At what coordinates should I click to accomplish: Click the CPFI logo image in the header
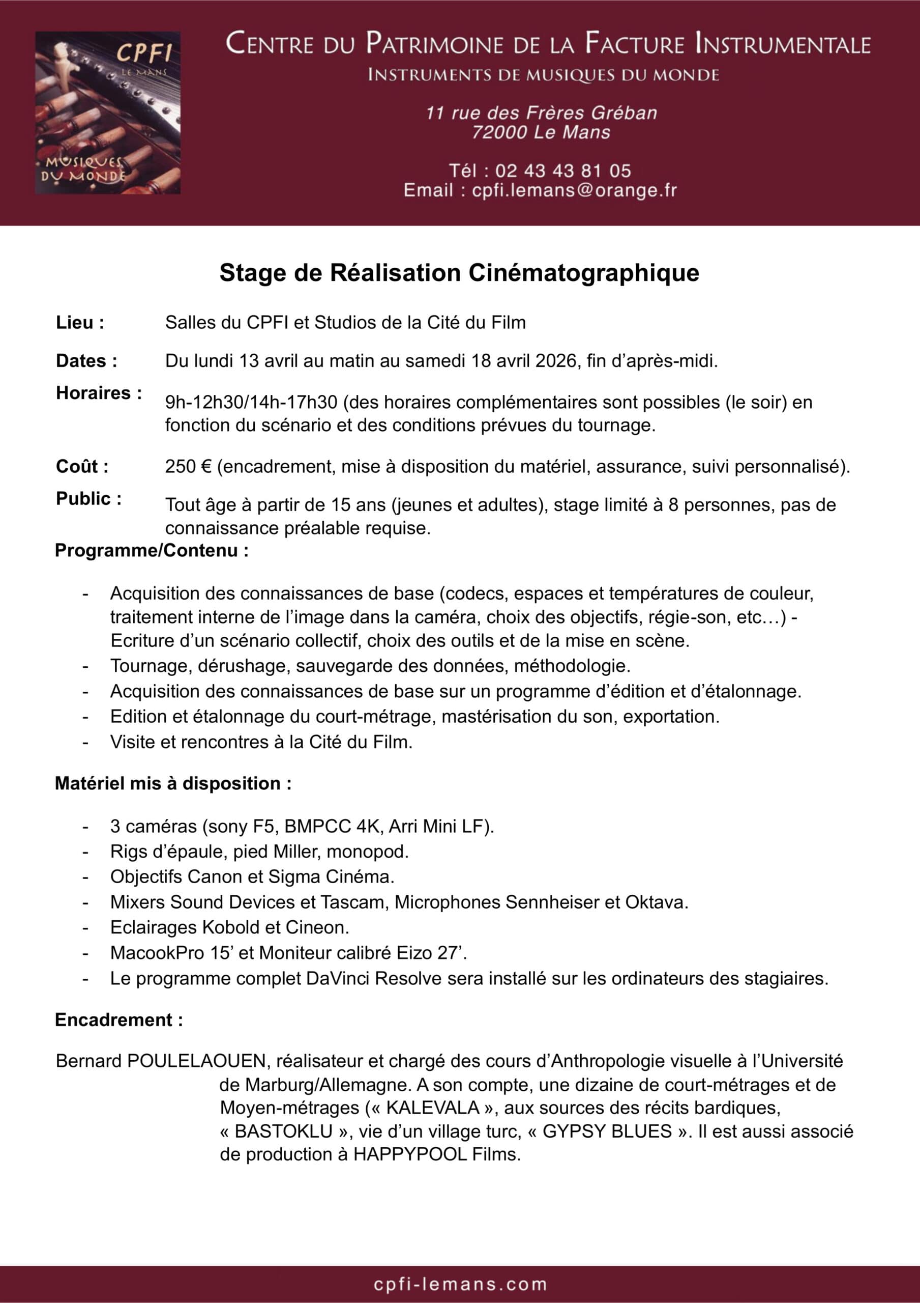click(108, 112)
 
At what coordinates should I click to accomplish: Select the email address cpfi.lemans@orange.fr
click(574, 190)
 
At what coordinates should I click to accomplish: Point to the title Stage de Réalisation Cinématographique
click(459, 273)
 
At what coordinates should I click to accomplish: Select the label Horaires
click(98, 393)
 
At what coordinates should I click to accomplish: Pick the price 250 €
click(188, 467)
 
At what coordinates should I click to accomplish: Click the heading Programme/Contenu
click(152, 551)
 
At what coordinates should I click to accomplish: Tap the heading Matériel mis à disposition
click(173, 783)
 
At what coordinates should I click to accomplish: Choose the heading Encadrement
click(118, 1020)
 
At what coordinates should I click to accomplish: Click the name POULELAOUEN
click(196, 1061)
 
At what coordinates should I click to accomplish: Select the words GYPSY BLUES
click(607, 1131)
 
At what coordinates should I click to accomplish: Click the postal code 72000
click(499, 132)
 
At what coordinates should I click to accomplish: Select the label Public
click(88, 498)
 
